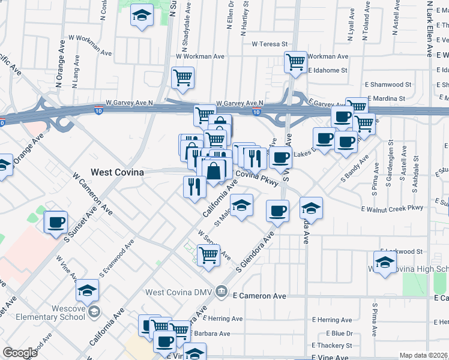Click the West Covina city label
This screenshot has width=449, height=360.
tap(117, 172)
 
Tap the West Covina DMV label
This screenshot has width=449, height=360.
tap(180, 292)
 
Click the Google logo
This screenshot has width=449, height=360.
tap(20, 353)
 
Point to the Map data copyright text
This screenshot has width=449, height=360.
tap(424, 355)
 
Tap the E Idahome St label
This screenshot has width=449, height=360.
tap(328, 70)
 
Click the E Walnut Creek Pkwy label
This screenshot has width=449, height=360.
tap(393, 208)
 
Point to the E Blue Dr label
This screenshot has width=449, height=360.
tap(339, 333)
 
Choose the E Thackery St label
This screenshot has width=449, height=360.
tap(332, 346)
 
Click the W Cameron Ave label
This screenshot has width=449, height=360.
tap(93, 194)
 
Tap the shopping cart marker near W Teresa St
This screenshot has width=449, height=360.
tap(295, 62)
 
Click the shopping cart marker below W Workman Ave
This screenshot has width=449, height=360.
tap(182, 77)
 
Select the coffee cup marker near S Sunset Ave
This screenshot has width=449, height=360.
tap(56, 223)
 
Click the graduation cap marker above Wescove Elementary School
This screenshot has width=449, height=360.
tap(88, 290)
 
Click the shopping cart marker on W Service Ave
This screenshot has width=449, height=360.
tap(208, 255)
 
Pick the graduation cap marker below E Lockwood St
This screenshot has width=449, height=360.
tap(385, 262)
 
